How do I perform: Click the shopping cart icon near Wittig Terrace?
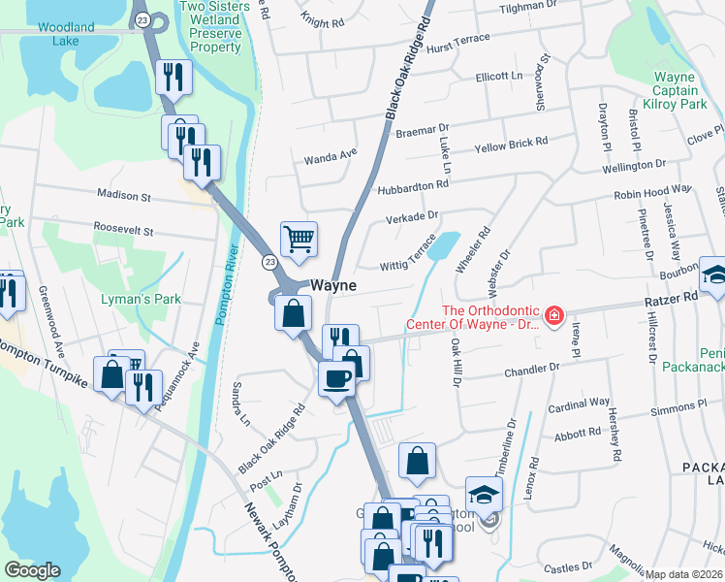click(x=299, y=238)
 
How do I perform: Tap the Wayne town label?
click(x=333, y=286)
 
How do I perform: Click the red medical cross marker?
click(x=553, y=316)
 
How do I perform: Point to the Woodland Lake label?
click(x=67, y=27)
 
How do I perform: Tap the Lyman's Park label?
click(x=141, y=299)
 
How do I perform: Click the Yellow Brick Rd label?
click(x=511, y=143)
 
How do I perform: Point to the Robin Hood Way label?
click(x=652, y=193)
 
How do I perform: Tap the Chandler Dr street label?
click(x=532, y=371)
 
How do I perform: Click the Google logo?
click(x=32, y=570)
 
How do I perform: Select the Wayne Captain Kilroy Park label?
click(x=675, y=90)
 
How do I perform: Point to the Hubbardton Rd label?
click(x=414, y=183)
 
